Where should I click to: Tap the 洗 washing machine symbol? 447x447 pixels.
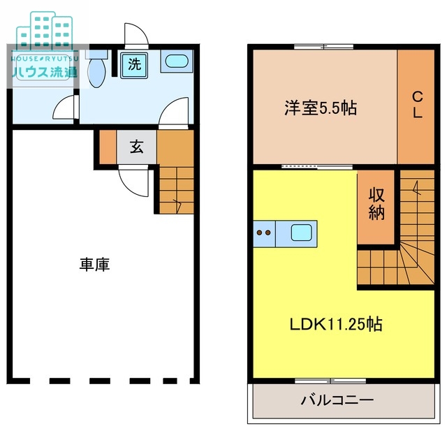click(x=133, y=65)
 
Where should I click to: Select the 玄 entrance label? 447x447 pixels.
click(x=137, y=147)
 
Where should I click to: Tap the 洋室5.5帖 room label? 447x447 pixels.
click(x=321, y=108)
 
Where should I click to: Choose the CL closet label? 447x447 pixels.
click(x=416, y=105)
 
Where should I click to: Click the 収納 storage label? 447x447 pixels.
click(x=377, y=203)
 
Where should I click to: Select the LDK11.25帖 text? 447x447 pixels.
click(x=336, y=324)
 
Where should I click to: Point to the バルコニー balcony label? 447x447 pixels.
click(x=338, y=401)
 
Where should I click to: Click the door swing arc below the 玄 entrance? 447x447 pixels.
click(x=133, y=182)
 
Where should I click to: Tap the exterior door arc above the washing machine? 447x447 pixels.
click(x=134, y=36)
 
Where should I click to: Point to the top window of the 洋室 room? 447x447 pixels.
click(x=324, y=47)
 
